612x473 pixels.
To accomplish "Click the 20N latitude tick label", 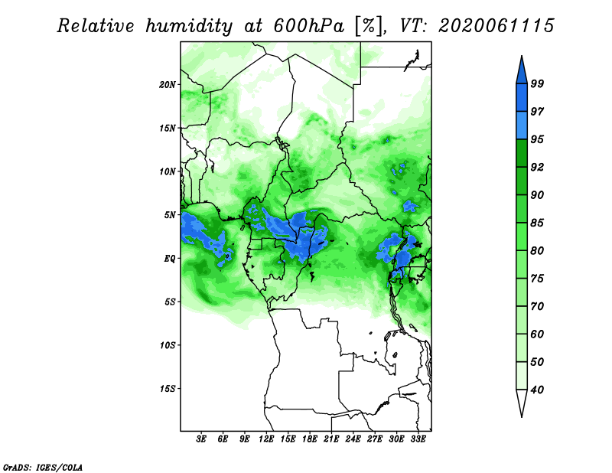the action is (x=168, y=85).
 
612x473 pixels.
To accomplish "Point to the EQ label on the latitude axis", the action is (x=169, y=259).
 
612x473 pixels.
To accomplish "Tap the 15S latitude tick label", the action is (x=168, y=389).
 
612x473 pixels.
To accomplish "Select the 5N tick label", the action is (x=170, y=215).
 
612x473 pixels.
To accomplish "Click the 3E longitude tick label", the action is (x=201, y=439).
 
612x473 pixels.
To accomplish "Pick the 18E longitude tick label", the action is (x=310, y=439).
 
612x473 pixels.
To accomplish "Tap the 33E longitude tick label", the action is (x=418, y=439).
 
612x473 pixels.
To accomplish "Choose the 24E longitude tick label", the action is (x=353, y=439).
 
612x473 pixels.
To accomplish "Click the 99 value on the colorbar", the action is (x=537, y=83).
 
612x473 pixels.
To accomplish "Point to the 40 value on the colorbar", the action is (x=537, y=390).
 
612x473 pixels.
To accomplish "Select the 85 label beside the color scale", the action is (x=537, y=223).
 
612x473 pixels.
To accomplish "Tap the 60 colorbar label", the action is (x=537, y=334).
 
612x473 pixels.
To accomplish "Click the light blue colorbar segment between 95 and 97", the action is (x=522, y=126).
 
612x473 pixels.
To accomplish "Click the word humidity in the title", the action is (x=189, y=26).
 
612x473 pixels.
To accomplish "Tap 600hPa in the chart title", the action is (x=309, y=26).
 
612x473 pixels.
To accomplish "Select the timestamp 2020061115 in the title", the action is (x=496, y=26).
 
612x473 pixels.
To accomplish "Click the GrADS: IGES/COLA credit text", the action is (x=43, y=467).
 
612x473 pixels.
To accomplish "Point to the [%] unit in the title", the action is (x=368, y=26).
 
